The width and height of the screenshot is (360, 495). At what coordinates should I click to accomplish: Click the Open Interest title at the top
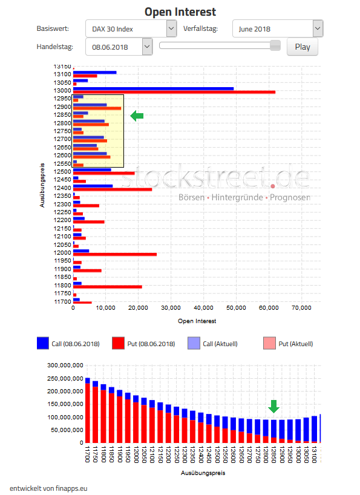point(180,11)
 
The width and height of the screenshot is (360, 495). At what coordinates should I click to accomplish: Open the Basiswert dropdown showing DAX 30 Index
point(131,28)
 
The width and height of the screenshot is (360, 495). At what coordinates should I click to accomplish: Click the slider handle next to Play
point(275,45)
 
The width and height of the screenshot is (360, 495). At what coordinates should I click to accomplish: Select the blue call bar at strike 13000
point(153,88)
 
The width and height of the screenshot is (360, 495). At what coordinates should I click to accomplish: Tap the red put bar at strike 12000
point(115,254)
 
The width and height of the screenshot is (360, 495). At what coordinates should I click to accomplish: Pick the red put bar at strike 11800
point(108,287)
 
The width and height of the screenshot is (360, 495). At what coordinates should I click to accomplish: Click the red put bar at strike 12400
point(113,189)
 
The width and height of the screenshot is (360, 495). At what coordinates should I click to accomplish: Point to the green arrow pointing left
point(137,116)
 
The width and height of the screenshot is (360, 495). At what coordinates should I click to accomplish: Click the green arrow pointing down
point(274,406)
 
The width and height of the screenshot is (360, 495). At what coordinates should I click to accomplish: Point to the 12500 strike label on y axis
point(62,171)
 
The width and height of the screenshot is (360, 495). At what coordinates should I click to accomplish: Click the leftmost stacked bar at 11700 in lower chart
point(88,411)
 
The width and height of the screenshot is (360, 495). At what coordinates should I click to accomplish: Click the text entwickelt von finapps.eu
point(48,488)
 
